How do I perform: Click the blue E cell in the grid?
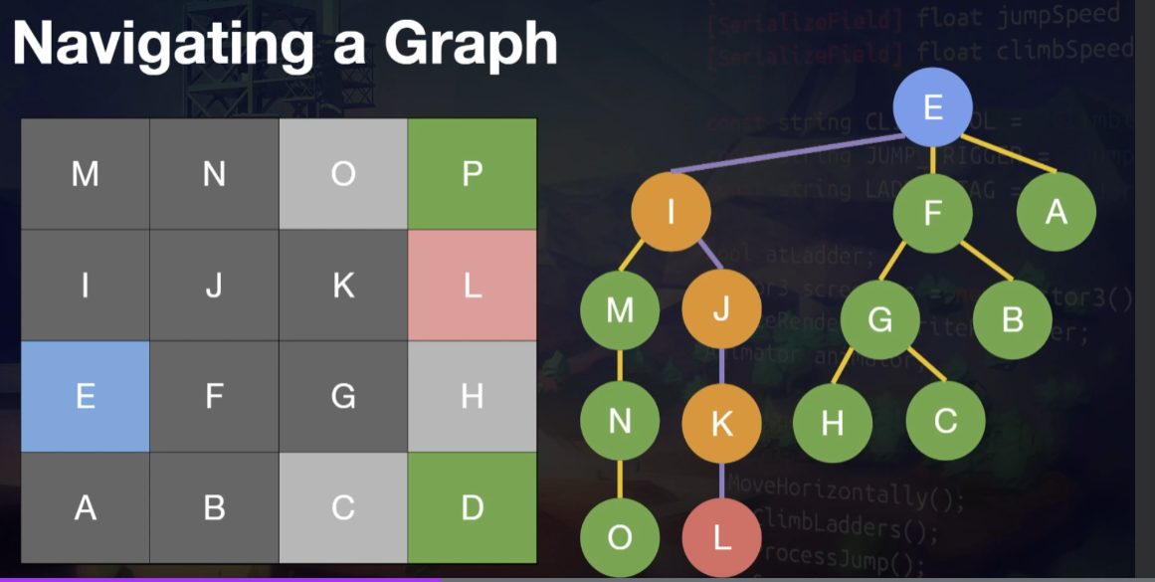click(x=86, y=396)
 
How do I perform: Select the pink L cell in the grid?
click(x=473, y=286)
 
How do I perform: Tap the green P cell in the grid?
click(x=473, y=174)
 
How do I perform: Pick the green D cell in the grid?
click(x=473, y=507)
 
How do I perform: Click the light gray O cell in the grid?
click(x=343, y=174)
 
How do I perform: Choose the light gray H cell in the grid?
click(x=473, y=396)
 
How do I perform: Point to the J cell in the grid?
click(x=214, y=286)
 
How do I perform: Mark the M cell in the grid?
click(x=86, y=174)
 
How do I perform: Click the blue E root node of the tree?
click(x=932, y=105)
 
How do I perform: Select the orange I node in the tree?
click(x=671, y=212)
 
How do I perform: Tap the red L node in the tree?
click(x=721, y=537)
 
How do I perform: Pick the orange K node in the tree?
click(x=721, y=424)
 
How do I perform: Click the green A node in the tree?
click(x=1056, y=212)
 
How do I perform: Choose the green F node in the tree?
click(x=932, y=212)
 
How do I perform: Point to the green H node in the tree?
click(x=833, y=423)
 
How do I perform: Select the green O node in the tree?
click(x=620, y=537)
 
